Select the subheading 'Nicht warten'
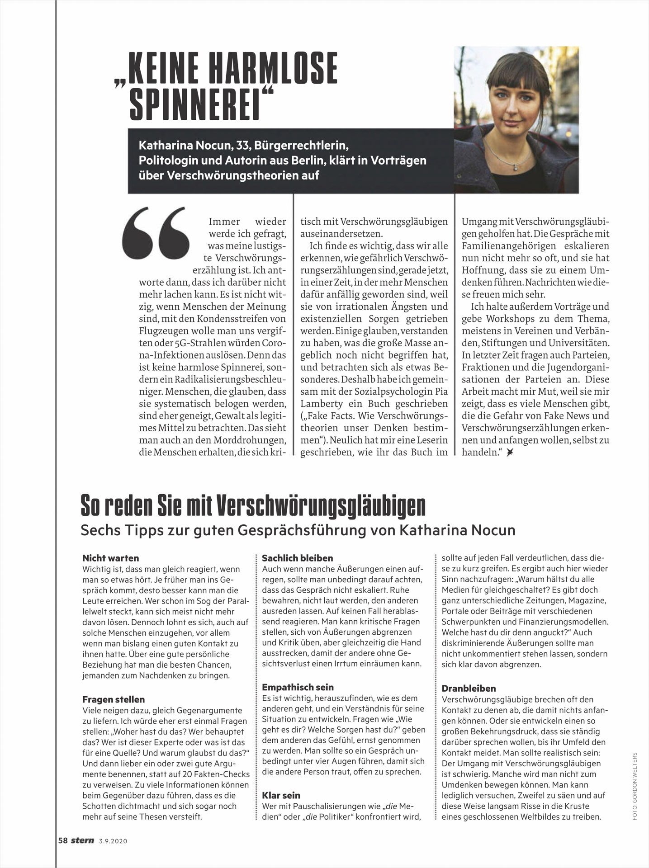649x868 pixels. (110, 558)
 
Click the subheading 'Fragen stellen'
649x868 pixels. (114, 699)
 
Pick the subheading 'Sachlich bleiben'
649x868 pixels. (297, 558)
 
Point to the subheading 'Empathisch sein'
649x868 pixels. (298, 687)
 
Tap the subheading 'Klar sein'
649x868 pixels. (281, 795)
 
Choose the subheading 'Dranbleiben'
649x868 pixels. (469, 689)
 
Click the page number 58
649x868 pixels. (63, 841)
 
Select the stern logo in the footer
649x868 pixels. (82, 841)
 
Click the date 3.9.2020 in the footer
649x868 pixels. (113, 841)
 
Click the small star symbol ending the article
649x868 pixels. (510, 452)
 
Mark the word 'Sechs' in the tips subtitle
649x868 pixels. (97, 530)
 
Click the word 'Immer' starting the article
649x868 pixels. (224, 222)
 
